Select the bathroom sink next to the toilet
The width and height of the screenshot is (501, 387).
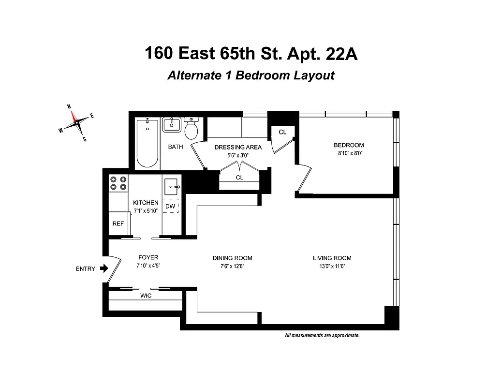tap(171, 125)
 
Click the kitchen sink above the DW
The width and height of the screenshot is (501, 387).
tap(172, 186)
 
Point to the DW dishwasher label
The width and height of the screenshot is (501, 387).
tap(170, 207)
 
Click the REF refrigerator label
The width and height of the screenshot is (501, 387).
tap(118, 224)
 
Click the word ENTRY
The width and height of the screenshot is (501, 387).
tap(86, 269)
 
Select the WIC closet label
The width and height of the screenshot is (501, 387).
tap(146, 296)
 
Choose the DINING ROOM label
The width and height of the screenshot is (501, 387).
tap(233, 258)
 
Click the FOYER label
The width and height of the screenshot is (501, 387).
tap(148, 257)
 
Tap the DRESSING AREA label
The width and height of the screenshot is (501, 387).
tap(238, 147)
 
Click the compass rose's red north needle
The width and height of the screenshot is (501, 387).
tap(74, 116)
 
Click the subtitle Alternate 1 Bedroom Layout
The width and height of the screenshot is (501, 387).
tap(250, 76)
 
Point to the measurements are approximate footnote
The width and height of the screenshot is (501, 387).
tap(322, 335)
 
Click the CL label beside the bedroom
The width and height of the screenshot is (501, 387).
tap(282, 132)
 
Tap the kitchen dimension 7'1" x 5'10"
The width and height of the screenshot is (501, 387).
tap(146, 211)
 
